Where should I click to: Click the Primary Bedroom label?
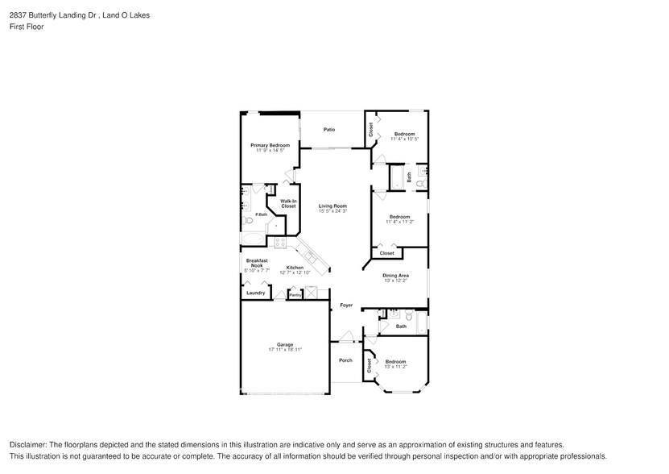pos(270,145)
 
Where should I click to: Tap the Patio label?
pos(329,129)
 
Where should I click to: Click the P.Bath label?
pos(250,214)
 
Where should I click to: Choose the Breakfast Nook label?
pos(256,263)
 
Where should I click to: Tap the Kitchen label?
pos(295,268)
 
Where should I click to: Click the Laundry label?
pos(255,293)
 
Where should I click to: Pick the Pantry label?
pos(295,296)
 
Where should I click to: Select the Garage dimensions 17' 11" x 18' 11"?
pos(285,350)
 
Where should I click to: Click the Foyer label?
pos(346,306)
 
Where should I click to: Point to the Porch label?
pos(345,360)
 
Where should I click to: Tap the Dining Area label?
pos(395,276)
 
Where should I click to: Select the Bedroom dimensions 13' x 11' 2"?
pos(394,367)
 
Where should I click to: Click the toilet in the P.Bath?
pos(250,220)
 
